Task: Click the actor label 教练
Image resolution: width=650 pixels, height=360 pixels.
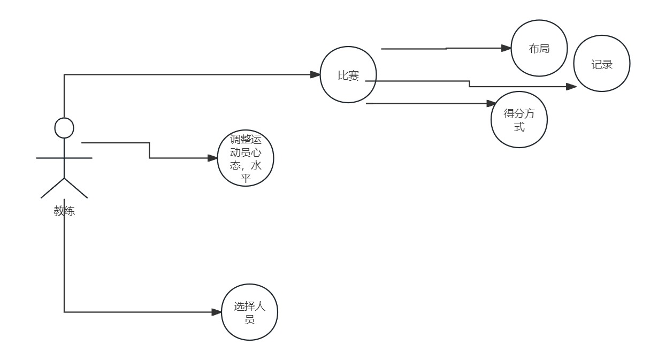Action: click(64, 211)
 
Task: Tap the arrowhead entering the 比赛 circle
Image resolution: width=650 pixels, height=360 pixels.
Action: click(315, 75)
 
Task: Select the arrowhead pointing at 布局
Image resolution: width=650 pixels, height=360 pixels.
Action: click(507, 48)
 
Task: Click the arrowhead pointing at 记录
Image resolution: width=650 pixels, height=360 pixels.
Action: click(571, 86)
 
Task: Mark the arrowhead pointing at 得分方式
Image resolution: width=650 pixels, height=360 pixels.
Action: click(491, 103)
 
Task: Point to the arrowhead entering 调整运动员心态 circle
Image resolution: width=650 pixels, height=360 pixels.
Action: click(213, 158)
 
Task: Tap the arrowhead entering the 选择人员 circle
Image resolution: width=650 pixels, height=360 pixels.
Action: click(217, 312)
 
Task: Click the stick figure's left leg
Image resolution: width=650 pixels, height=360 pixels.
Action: click(52, 188)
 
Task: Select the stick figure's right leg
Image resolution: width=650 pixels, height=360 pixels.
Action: click(76, 188)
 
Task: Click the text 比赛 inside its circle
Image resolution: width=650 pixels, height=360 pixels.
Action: click(348, 76)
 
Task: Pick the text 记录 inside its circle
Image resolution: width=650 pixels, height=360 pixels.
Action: click(602, 65)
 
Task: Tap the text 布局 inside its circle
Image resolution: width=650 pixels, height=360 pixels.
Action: click(539, 49)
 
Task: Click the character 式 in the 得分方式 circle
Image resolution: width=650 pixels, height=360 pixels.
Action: click(519, 127)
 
